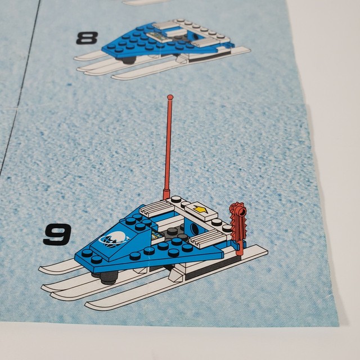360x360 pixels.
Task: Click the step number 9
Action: (57, 235)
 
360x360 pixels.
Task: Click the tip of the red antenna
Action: (169, 97)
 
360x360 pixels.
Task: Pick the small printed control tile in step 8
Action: (164, 36)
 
